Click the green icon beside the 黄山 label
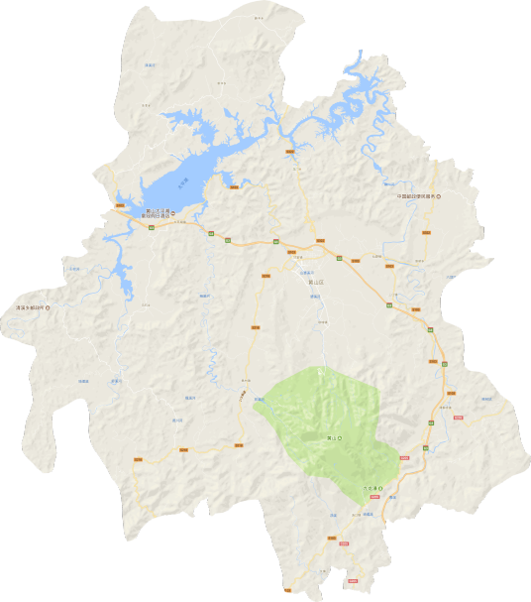coord(339,436)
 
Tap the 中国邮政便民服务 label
coord(412,196)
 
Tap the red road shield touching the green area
coord(404,457)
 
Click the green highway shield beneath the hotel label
coord(151,228)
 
